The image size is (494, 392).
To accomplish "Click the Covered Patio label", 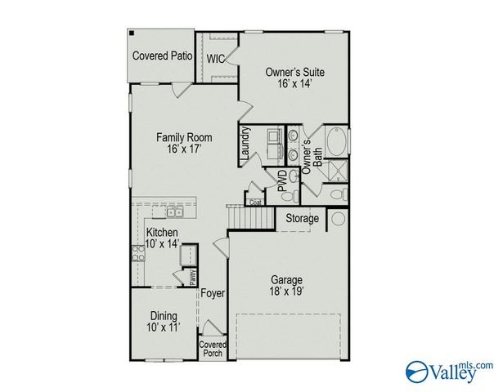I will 162,56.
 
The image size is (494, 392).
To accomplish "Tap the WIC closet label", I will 215,59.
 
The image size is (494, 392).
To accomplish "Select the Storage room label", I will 302,218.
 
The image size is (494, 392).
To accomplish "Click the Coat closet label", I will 254,201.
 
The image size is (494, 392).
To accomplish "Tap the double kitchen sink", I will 174,212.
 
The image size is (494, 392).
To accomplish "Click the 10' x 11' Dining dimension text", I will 164,327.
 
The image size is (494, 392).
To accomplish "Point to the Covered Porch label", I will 213,349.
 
